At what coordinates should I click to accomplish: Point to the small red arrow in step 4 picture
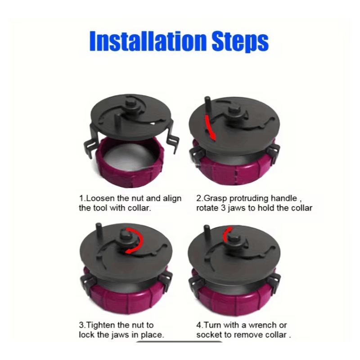(226, 234)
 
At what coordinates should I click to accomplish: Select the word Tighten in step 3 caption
(101, 325)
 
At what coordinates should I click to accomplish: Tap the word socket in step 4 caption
(209, 335)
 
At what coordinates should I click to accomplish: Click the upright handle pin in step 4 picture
(207, 232)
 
